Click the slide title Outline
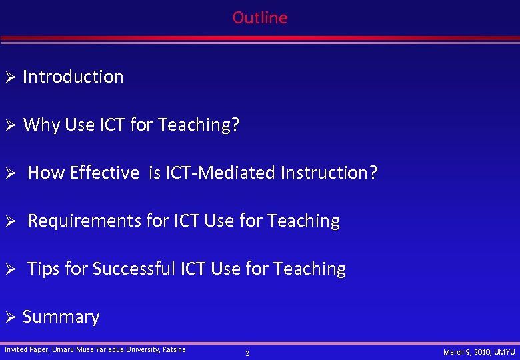coord(260,17)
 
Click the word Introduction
coord(73,77)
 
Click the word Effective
coord(104,173)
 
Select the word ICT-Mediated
coord(220,173)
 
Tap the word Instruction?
coord(329,173)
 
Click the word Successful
coord(134,269)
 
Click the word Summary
coord(61,317)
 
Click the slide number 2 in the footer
coord(247,353)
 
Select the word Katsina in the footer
coord(175,349)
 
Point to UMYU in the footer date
coord(503,352)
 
